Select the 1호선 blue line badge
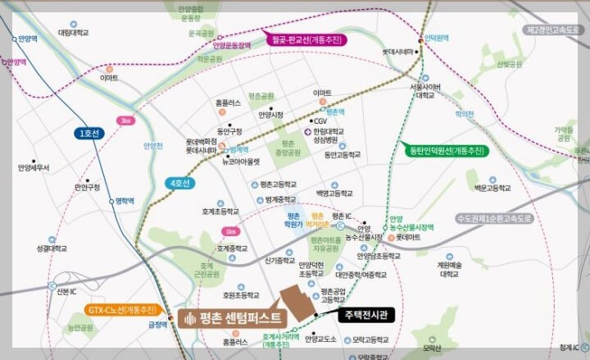[88, 133]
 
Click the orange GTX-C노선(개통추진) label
[123, 310]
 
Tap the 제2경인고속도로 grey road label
[551, 30]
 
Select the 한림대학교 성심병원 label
[334, 134]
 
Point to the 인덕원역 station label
[436, 39]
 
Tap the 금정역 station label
[157, 325]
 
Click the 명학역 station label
[125, 200]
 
